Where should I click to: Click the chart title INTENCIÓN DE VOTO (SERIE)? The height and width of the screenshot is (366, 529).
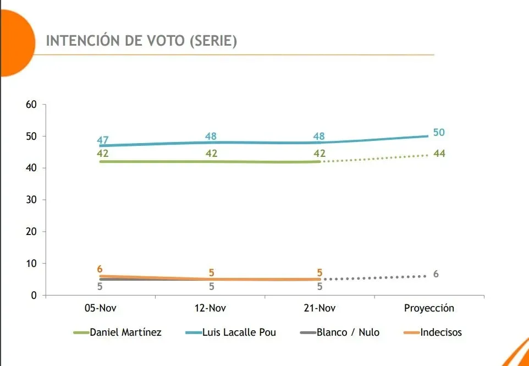pos(141,41)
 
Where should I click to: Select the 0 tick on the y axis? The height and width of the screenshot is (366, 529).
pos(34,296)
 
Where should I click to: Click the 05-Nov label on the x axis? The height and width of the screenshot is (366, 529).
pos(100,308)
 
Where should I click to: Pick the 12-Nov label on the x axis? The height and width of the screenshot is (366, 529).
pos(210,308)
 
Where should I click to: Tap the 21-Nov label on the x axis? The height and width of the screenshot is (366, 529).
pos(319,308)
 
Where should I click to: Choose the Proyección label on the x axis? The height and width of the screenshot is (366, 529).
pos(429,308)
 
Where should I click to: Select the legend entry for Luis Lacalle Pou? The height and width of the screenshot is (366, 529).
pos(236,332)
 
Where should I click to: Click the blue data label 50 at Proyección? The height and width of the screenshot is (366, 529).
pos(439,132)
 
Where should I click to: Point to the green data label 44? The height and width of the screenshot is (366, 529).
pos(439,154)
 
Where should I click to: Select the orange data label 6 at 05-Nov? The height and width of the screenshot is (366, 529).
pos(100,269)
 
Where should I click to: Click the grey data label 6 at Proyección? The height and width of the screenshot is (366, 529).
pos(436,274)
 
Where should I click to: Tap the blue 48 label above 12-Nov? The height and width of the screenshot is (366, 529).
pos(211,136)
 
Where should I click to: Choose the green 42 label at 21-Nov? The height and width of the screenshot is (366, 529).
pos(319,154)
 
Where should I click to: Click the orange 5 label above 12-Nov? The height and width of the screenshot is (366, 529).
pos(211,272)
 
